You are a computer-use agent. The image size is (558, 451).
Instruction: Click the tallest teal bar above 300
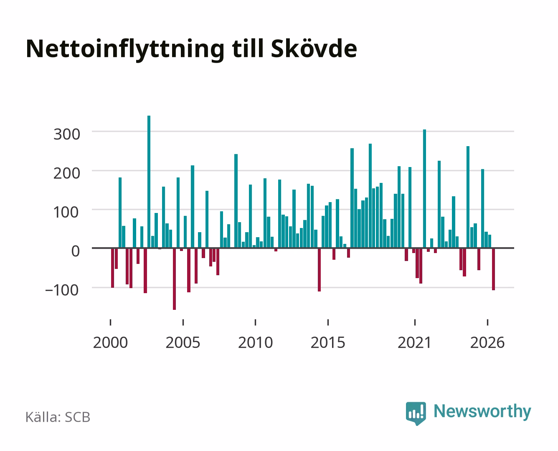click(149, 182)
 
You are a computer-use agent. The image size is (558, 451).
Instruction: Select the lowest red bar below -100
click(174, 279)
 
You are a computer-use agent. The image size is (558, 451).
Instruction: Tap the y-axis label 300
click(67, 134)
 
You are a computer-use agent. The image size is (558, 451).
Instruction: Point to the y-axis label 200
click(67, 173)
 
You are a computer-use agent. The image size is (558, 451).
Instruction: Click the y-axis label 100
click(66, 212)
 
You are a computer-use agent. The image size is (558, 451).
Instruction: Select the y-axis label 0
click(76, 251)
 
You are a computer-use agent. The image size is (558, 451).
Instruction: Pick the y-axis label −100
click(62, 290)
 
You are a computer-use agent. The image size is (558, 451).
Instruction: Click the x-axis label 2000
click(110, 342)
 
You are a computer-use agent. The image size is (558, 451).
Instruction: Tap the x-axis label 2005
click(183, 342)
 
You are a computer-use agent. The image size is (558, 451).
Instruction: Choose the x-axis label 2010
click(256, 342)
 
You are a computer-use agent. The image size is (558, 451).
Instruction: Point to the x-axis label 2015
click(328, 342)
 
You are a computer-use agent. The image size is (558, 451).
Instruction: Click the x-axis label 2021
click(414, 342)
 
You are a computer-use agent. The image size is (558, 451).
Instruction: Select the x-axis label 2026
click(487, 342)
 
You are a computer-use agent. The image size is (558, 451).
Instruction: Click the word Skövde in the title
click(314, 49)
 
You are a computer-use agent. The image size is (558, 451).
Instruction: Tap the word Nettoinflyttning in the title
click(125, 50)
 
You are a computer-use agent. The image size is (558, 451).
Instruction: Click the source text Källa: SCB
click(58, 417)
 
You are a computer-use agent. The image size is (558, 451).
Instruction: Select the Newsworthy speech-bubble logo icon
click(416, 413)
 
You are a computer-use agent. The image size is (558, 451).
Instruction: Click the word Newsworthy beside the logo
click(482, 411)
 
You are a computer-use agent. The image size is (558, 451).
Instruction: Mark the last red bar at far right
click(494, 269)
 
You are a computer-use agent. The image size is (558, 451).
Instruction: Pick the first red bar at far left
click(113, 268)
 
